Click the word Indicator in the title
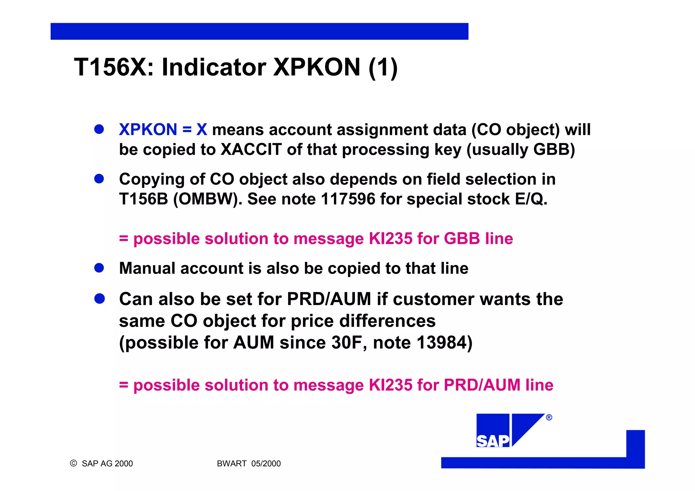(x=214, y=67)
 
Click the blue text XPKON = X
(x=163, y=130)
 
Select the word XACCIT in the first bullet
(x=251, y=150)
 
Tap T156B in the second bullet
(x=143, y=199)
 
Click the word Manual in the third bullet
(x=147, y=268)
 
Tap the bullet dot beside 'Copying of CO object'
(x=99, y=179)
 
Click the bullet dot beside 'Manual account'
(x=99, y=268)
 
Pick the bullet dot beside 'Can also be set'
(x=99, y=299)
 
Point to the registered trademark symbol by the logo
(x=549, y=418)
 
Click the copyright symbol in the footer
(x=73, y=463)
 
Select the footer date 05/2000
(x=266, y=464)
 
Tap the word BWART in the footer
(x=232, y=464)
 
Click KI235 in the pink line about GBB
(x=390, y=239)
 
